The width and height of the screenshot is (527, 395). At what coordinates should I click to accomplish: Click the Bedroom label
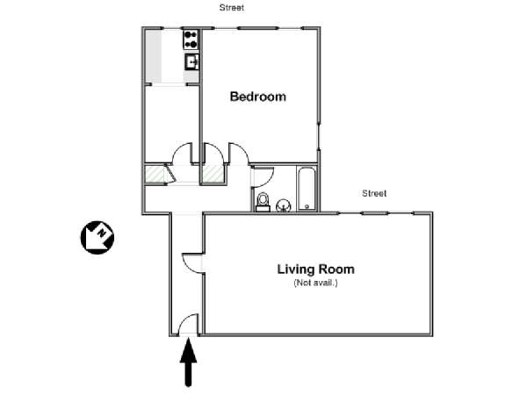click(257, 97)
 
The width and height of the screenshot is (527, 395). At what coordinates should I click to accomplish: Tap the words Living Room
click(316, 269)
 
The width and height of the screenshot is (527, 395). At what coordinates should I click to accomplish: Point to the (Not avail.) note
click(315, 283)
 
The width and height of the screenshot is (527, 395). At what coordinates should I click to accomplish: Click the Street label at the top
click(232, 7)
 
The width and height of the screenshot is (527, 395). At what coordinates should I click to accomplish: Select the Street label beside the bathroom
click(375, 193)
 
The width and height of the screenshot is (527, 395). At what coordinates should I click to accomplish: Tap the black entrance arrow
click(189, 363)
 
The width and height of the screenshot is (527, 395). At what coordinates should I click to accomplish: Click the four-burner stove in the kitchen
click(191, 39)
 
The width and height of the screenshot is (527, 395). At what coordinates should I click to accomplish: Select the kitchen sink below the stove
click(191, 61)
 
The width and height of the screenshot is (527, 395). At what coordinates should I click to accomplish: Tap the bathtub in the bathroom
click(306, 188)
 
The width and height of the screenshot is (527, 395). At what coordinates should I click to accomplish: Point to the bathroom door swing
click(261, 176)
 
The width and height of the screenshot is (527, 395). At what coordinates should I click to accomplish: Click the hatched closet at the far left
click(155, 174)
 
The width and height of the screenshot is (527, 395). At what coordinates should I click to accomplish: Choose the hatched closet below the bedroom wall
click(213, 174)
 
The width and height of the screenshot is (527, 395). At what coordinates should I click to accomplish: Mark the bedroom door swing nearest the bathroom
click(237, 154)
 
